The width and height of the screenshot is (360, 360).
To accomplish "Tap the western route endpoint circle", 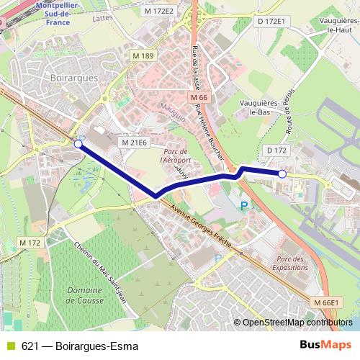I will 78,144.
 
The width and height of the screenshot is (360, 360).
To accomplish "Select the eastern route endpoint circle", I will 282,174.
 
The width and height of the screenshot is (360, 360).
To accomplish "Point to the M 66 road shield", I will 199,97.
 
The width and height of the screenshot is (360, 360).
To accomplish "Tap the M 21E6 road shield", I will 134,143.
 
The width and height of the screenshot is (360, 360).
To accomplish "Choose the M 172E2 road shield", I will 158,11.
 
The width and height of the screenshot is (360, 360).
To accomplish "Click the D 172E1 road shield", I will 271,22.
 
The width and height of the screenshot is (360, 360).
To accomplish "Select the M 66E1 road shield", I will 325,302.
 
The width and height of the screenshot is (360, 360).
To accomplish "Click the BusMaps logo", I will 325,344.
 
